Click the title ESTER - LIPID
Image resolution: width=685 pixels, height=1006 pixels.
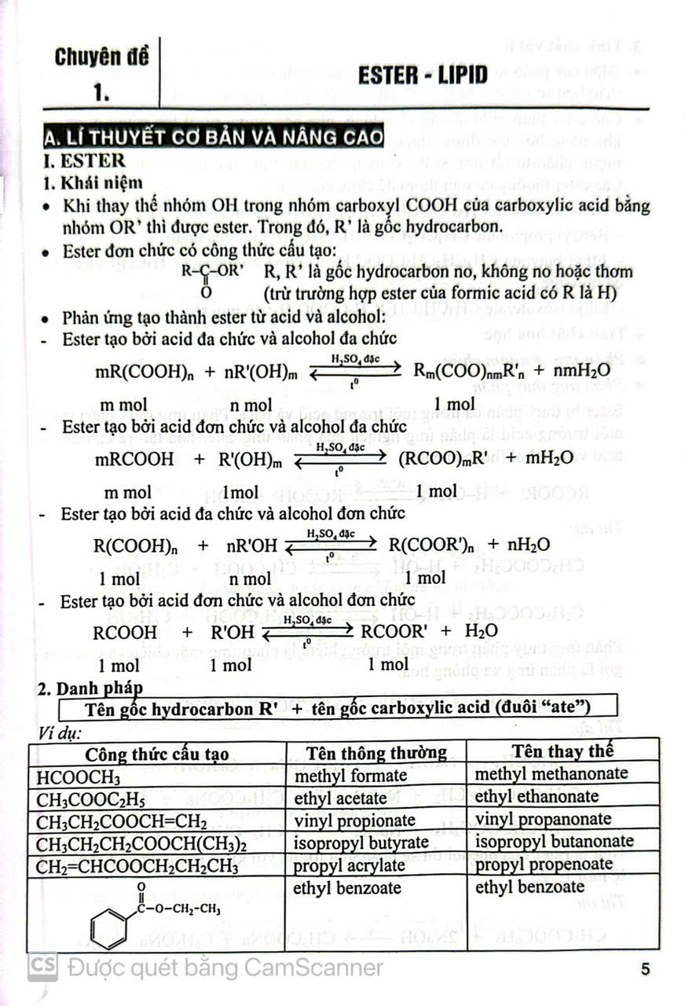pyautogui.click(x=422, y=75)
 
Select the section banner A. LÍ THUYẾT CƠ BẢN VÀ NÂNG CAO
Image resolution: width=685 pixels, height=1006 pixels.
pyautogui.click(x=213, y=138)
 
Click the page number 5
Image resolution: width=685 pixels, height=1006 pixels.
pyautogui.click(x=645, y=968)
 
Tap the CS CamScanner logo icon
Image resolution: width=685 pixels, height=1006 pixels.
pyautogui.click(x=42, y=967)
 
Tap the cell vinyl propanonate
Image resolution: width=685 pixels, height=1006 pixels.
pyautogui.click(x=543, y=819)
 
